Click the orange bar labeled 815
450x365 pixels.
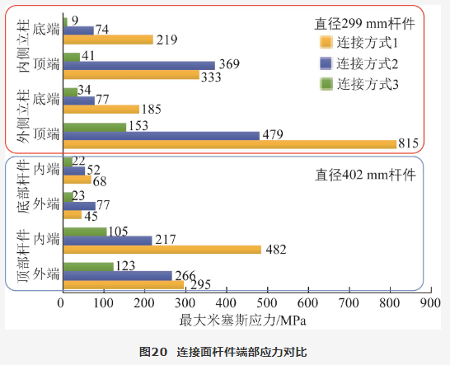(x=230, y=144)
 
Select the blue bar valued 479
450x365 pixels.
(x=162, y=136)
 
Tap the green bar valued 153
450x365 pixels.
(x=95, y=127)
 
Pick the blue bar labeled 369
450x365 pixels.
(x=139, y=66)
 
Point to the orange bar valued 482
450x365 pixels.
(x=162, y=250)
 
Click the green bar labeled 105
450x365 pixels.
(x=85, y=232)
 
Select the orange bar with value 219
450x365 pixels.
(x=108, y=40)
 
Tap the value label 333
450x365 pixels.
(x=211, y=77)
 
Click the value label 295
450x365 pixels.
(x=200, y=284)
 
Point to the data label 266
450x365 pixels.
(x=185, y=275)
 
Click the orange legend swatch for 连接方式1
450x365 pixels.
(x=326, y=42)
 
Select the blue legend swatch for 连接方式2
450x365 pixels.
(x=326, y=63)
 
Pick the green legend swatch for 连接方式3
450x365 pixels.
(x=326, y=84)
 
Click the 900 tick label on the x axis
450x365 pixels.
(x=431, y=302)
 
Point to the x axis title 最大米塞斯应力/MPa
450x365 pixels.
(x=243, y=321)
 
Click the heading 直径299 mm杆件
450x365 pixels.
(x=365, y=24)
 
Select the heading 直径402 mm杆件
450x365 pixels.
(x=365, y=175)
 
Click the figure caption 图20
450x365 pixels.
(x=153, y=352)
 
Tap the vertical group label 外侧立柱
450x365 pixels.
(x=23, y=116)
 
